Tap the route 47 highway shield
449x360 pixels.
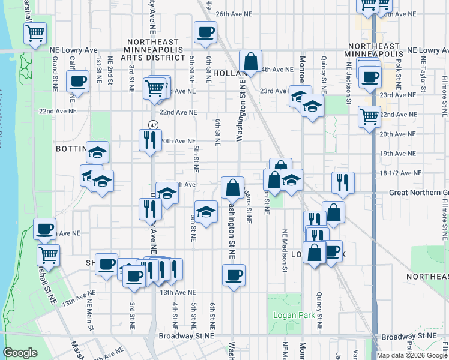tap(154, 125)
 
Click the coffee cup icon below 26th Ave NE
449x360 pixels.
tap(205, 32)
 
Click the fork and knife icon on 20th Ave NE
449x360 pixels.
tap(149, 140)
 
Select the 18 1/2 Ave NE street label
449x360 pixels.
tap(400, 173)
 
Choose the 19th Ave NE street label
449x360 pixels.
tap(394, 154)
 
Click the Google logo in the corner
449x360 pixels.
tap(20, 353)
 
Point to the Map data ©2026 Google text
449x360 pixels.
tap(412, 355)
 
